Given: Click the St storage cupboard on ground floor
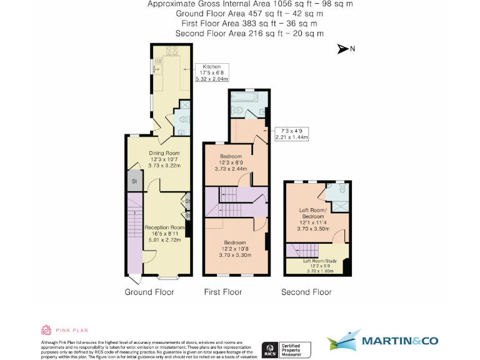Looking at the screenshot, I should (x=134, y=181).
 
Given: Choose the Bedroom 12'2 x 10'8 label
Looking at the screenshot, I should (x=235, y=249).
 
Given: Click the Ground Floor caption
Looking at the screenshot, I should (x=149, y=292).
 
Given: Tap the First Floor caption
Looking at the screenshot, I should (x=223, y=292).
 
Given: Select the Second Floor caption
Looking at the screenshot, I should (x=306, y=292).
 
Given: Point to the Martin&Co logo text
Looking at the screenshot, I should (x=400, y=341).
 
